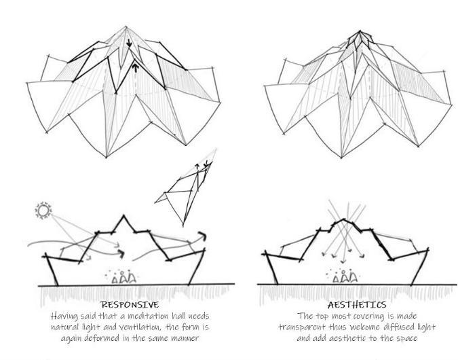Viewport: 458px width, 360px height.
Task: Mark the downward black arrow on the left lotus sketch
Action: coord(129,43)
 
